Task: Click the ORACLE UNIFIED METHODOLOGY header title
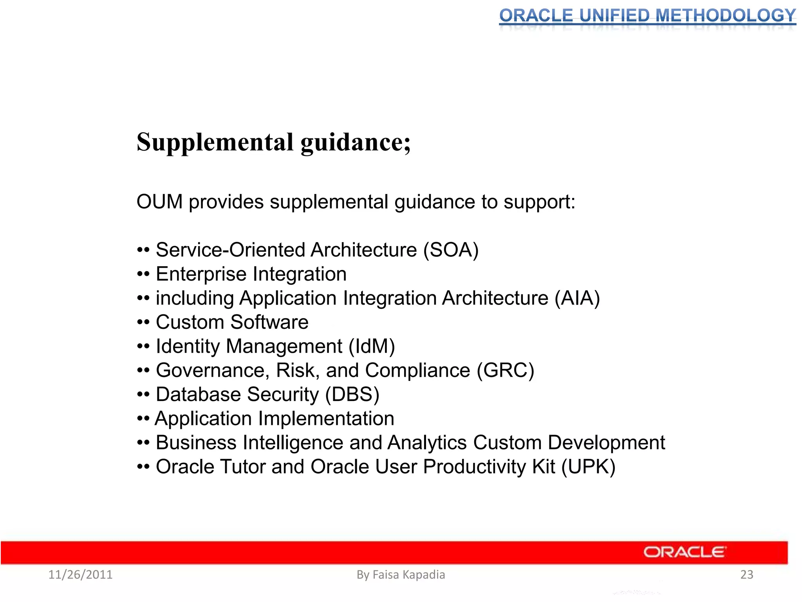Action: click(647, 16)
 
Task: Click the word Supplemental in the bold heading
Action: click(215, 142)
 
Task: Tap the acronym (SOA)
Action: click(451, 250)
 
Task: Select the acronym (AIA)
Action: click(577, 298)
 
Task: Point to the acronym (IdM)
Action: click(372, 346)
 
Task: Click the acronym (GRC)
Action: click(505, 370)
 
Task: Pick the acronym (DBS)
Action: click(352, 395)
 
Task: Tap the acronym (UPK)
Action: click(588, 467)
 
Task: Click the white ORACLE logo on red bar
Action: click(685, 552)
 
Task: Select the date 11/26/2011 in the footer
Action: click(80, 575)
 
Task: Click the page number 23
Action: click(747, 575)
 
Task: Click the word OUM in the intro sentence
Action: click(159, 202)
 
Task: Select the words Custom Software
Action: click(232, 323)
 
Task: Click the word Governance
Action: click(210, 370)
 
